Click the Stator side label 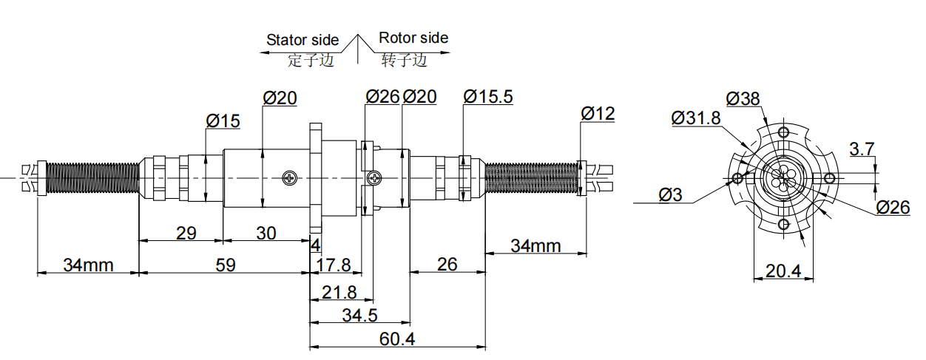303,40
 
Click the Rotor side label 413,38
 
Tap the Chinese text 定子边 311,61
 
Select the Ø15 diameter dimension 223,121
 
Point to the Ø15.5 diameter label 487,97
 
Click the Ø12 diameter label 598,114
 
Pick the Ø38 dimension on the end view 743,98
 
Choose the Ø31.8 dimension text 696,118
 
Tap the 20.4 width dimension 783,271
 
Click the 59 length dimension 223,265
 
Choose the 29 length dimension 186,233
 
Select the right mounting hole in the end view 829,178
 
